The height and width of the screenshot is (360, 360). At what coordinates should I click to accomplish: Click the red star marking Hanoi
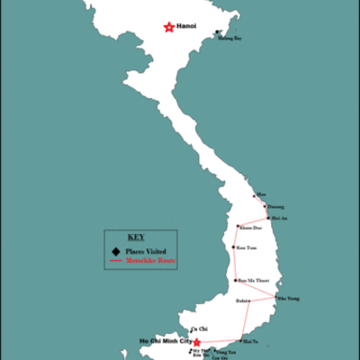168,28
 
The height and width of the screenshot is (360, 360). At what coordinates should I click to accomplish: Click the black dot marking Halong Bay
216,33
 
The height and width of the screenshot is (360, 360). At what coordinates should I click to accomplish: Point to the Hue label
262,193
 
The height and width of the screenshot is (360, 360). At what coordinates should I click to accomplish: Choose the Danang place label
267,205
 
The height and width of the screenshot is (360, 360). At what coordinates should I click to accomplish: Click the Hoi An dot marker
267,217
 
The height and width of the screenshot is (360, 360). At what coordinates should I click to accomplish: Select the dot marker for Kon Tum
234,247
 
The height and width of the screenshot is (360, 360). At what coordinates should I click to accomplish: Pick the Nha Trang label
287,298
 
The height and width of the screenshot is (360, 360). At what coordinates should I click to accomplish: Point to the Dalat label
242,300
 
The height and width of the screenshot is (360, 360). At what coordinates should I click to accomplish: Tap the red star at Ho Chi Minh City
197,342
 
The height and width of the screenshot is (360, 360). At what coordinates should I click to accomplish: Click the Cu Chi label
194,329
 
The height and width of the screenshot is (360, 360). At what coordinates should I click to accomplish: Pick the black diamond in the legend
114,251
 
